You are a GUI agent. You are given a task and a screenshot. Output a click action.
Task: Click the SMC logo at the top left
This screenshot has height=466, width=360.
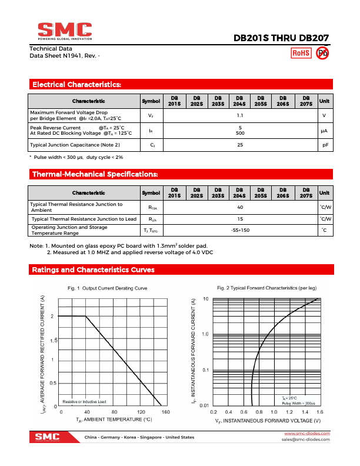[x=65, y=31]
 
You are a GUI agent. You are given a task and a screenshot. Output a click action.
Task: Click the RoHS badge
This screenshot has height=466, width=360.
[x=301, y=53]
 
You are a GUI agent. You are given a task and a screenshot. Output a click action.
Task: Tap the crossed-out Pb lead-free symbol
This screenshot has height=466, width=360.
[x=322, y=53]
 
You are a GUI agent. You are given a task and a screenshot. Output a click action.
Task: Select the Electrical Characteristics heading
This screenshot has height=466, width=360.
[x=76, y=85]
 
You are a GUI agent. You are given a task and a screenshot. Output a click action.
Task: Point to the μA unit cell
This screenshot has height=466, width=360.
[x=324, y=130]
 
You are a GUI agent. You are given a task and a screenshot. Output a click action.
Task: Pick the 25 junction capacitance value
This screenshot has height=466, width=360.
[x=240, y=145]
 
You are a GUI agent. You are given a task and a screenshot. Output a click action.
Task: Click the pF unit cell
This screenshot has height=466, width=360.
[x=324, y=145]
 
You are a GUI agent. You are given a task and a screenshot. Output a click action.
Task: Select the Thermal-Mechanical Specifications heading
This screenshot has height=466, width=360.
[x=95, y=174]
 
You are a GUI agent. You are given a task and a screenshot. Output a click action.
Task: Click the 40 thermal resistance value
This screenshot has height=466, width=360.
[x=240, y=207]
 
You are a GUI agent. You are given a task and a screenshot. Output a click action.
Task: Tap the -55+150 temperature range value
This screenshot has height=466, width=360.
[x=240, y=230]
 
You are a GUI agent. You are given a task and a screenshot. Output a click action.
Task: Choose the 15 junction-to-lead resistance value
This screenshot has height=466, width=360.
[x=240, y=219]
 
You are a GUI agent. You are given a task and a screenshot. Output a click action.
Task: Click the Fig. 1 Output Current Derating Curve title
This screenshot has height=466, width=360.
[x=107, y=288]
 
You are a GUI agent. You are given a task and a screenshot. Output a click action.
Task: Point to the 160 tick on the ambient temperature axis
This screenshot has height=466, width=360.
[x=166, y=412]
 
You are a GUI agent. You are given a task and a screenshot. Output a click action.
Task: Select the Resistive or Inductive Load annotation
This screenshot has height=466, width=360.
[x=85, y=401]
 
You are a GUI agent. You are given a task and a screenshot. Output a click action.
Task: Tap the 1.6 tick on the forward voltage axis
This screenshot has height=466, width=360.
[x=320, y=412]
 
